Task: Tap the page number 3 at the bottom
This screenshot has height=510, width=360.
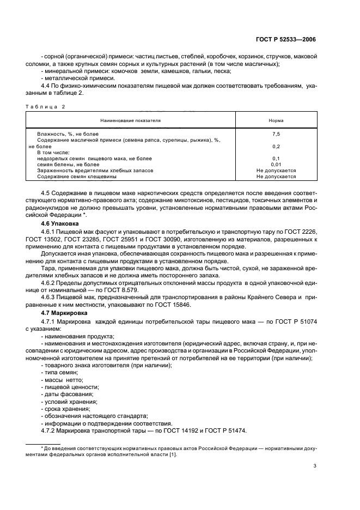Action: [x=315, y=466]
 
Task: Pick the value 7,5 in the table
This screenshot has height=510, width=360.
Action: [x=276, y=133]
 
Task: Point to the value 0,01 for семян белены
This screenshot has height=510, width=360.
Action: [x=276, y=164]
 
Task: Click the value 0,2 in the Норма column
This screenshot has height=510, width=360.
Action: [x=276, y=146]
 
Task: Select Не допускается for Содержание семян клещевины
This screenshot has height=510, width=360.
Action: [x=276, y=177]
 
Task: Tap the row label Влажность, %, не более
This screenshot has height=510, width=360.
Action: [x=68, y=133]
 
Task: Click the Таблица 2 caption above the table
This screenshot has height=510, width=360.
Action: [x=46, y=107]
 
